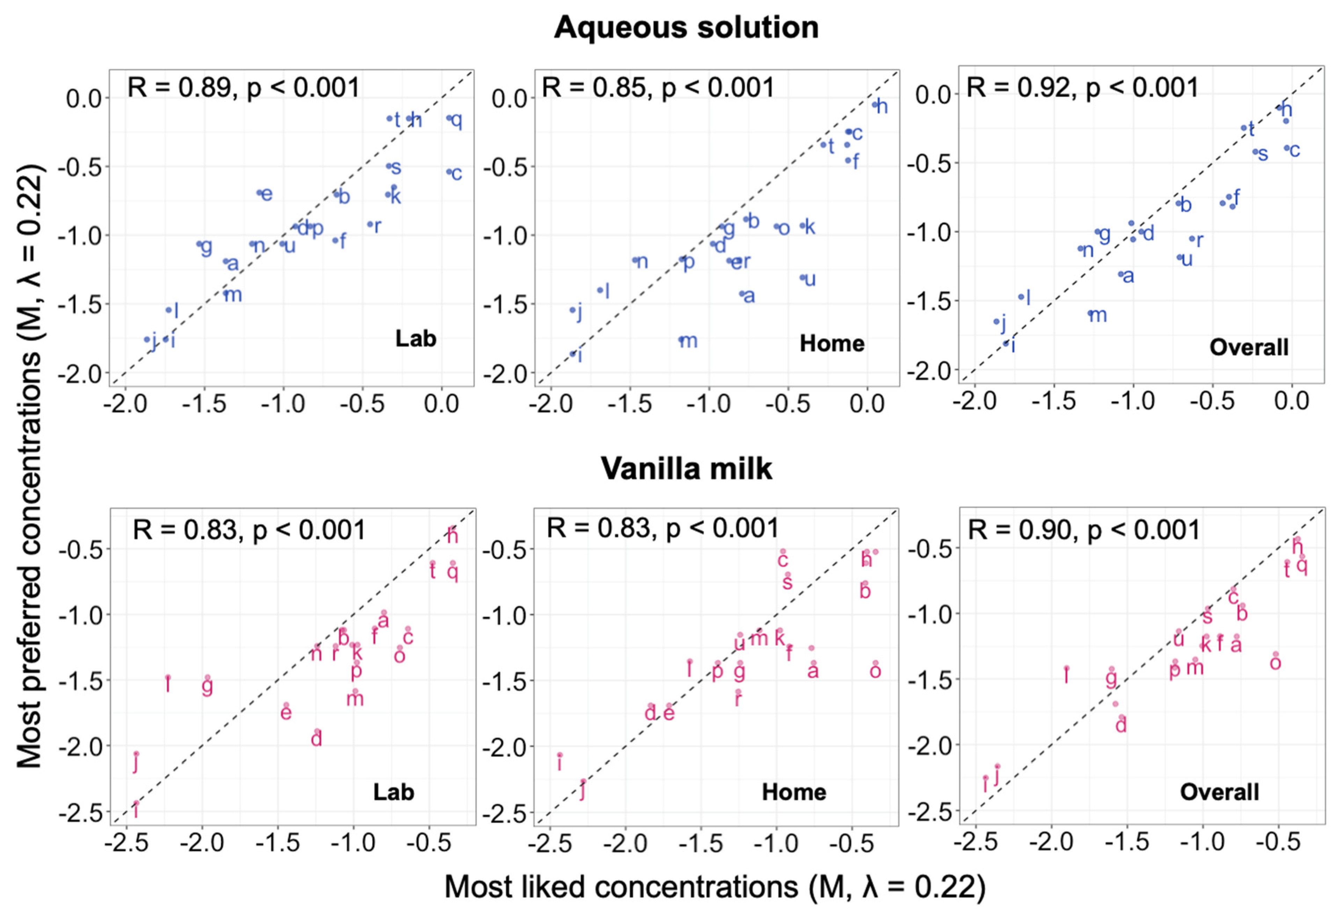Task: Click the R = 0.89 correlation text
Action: point(243,88)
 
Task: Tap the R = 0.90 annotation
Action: point(1083,530)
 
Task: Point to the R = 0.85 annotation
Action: point(658,88)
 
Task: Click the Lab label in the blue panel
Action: point(415,339)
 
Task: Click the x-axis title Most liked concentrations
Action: point(715,887)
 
